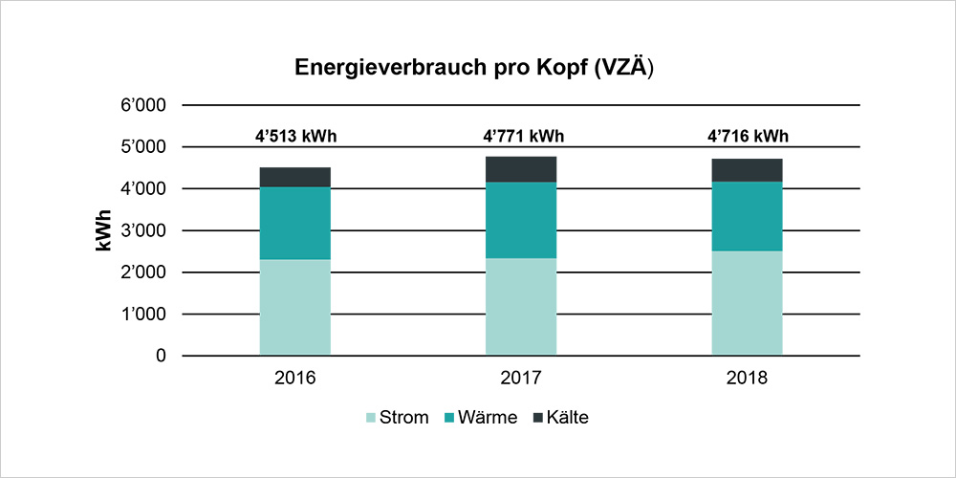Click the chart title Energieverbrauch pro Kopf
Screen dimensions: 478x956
pyautogui.click(x=474, y=68)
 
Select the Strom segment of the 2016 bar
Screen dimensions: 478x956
pyautogui.click(x=294, y=307)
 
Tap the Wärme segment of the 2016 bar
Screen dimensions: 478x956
pyautogui.click(x=294, y=223)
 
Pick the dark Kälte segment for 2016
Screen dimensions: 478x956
pyautogui.click(x=294, y=177)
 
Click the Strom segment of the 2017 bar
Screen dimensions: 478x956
pyautogui.click(x=521, y=306)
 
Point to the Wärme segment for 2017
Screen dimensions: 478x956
pyautogui.click(x=521, y=220)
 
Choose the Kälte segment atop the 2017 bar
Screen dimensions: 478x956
pyautogui.click(x=521, y=169)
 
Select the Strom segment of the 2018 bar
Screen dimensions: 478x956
pyautogui.click(x=747, y=303)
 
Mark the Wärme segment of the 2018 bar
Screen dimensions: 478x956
pyautogui.click(x=747, y=216)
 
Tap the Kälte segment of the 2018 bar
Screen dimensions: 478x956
pyautogui.click(x=747, y=170)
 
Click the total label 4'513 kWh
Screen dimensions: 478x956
pyautogui.click(x=294, y=136)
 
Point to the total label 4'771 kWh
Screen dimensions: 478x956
pyautogui.click(x=521, y=136)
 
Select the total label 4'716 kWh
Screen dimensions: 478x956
pyautogui.click(x=747, y=136)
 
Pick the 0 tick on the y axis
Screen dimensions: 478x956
pyautogui.click(x=161, y=356)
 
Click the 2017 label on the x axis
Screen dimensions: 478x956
pyautogui.click(x=521, y=378)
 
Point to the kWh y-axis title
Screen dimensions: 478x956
pyautogui.click(x=104, y=230)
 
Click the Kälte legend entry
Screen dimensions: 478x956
pyautogui.click(x=560, y=418)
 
